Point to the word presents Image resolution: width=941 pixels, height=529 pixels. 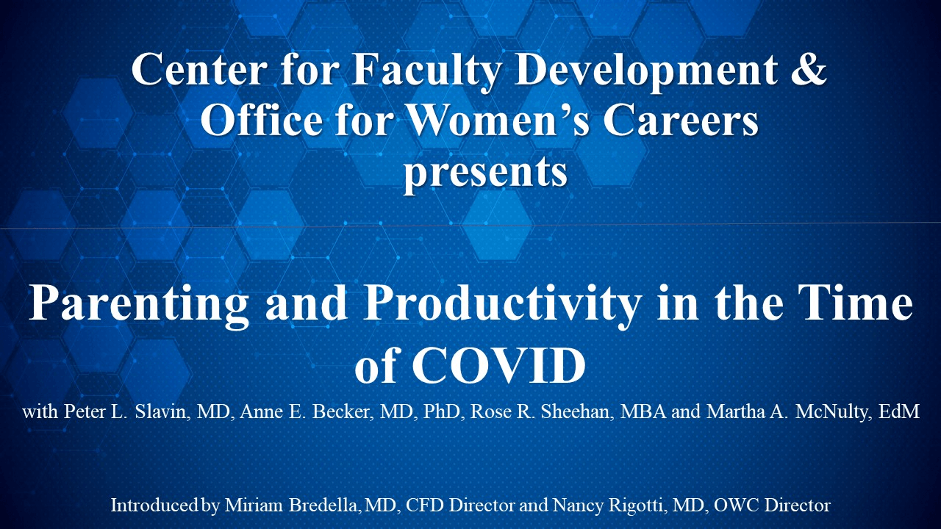coord(486,173)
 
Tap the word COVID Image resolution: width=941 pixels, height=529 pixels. coord(498,366)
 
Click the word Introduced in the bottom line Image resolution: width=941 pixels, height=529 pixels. coord(154,505)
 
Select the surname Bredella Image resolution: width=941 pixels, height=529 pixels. coord(324,505)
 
